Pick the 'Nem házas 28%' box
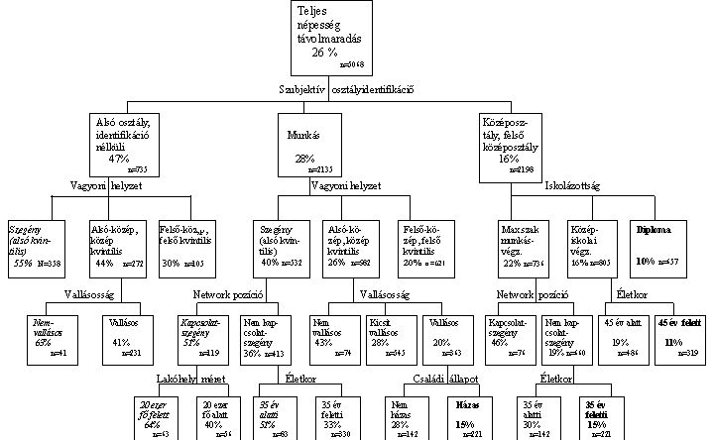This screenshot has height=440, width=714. coord(402,413)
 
